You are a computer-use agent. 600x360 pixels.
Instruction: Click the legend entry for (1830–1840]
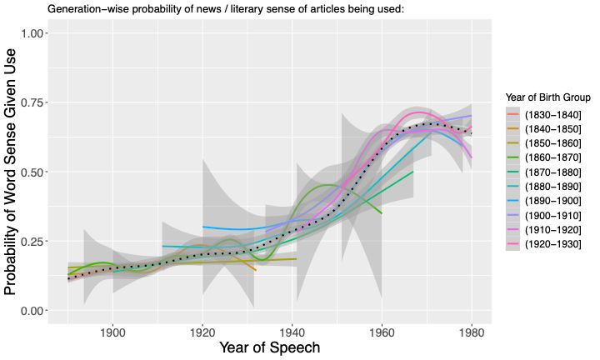[547, 114]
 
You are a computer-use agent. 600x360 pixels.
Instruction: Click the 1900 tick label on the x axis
[112, 332]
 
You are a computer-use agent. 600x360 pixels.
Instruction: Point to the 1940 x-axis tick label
[292, 332]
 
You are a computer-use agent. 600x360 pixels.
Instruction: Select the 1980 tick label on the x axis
[471, 332]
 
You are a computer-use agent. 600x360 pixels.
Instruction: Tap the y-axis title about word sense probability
[12, 171]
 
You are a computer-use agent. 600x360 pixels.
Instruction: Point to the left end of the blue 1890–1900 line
[202, 227]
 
